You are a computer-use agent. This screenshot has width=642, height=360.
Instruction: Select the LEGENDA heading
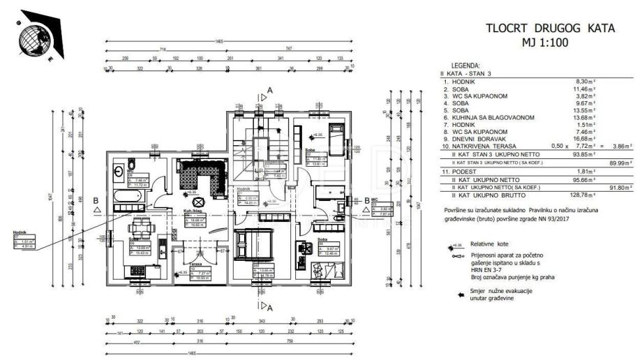pyautogui.click(x=465, y=64)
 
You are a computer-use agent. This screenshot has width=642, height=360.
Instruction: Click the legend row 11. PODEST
pyautogui.click(x=463, y=172)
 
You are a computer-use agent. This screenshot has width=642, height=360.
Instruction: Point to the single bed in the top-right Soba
pyautogui.click(x=336, y=139)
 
